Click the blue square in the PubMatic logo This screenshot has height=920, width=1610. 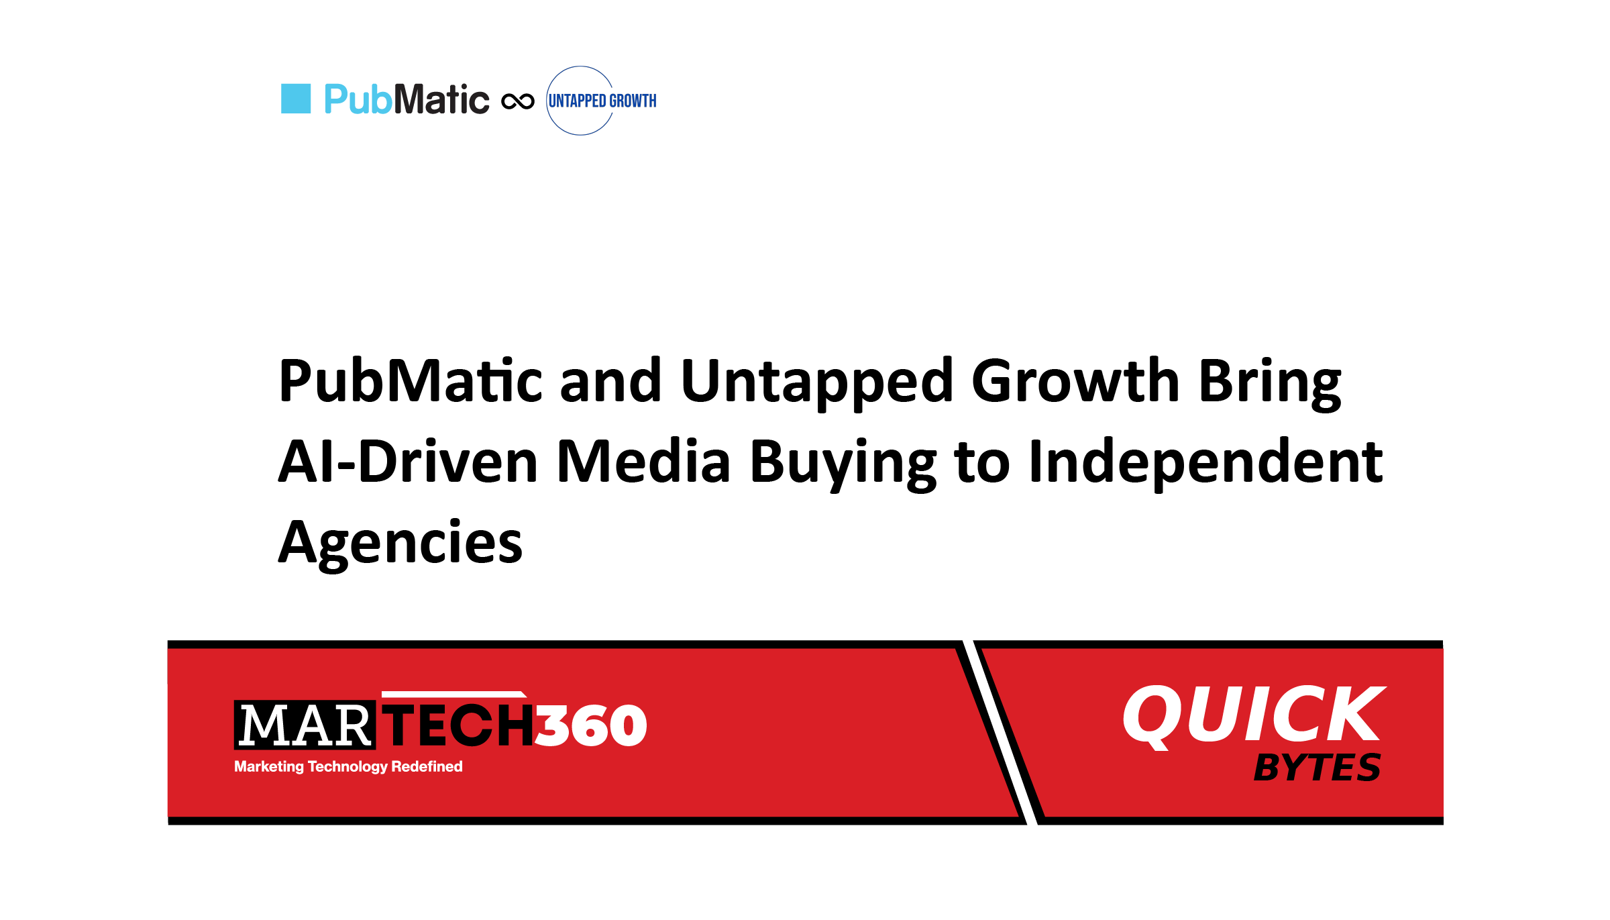point(296,99)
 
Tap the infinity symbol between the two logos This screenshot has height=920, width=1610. point(518,101)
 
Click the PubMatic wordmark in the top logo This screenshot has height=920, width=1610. point(407,99)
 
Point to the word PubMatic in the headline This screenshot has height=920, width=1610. point(411,381)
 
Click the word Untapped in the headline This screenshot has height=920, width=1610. point(817,382)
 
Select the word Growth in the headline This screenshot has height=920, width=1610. point(1075,380)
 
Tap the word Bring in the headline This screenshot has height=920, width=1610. point(1270,382)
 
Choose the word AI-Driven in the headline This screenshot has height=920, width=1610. point(409,462)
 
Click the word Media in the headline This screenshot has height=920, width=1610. point(643,461)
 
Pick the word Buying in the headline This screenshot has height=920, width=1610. point(843,464)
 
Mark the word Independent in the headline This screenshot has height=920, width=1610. point(1205,463)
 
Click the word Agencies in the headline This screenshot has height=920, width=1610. point(400,544)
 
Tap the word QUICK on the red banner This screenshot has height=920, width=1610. point(1254,715)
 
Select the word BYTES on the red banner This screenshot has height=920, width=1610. point(1317,768)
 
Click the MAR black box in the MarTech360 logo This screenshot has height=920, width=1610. point(305,725)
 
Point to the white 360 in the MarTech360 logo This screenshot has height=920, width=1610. point(590,725)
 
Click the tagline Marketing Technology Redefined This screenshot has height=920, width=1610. point(348,766)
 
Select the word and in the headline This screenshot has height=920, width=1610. point(611,381)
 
